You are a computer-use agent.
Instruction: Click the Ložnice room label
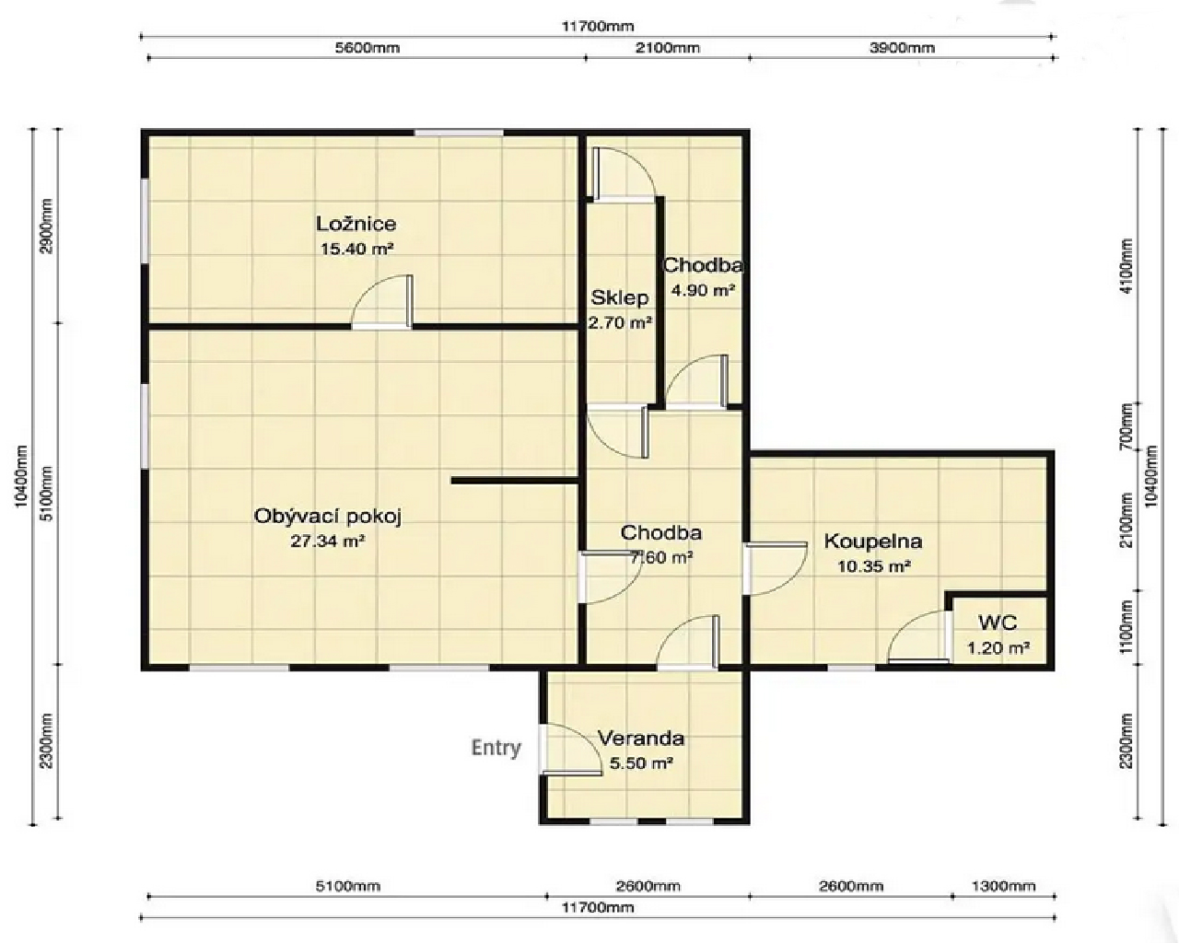click(x=356, y=224)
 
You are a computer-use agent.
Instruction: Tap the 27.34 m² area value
click(x=328, y=541)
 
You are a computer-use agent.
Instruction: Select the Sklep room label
click(x=620, y=298)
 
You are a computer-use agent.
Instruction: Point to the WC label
click(x=998, y=623)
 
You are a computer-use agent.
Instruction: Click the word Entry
click(x=496, y=748)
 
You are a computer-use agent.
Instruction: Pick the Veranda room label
click(x=641, y=738)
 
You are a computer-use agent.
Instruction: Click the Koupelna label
click(x=873, y=541)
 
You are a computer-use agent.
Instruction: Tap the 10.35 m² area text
click(x=874, y=566)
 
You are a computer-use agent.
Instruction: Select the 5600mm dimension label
click(x=368, y=48)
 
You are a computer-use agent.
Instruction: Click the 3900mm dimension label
click(x=902, y=48)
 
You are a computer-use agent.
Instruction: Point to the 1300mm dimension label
click(x=1003, y=886)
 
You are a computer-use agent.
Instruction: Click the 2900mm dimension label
click(x=47, y=226)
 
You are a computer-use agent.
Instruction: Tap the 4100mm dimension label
click(x=1126, y=266)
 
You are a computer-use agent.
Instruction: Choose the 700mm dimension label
click(x=1126, y=425)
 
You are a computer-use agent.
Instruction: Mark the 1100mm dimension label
click(x=1126, y=627)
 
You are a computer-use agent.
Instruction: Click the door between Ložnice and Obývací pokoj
click(x=382, y=302)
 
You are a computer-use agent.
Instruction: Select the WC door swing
click(x=918, y=636)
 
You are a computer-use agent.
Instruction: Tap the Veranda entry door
click(x=570, y=749)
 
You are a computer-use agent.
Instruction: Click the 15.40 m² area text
click(x=356, y=250)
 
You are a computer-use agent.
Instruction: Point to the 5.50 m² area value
click(x=641, y=763)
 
